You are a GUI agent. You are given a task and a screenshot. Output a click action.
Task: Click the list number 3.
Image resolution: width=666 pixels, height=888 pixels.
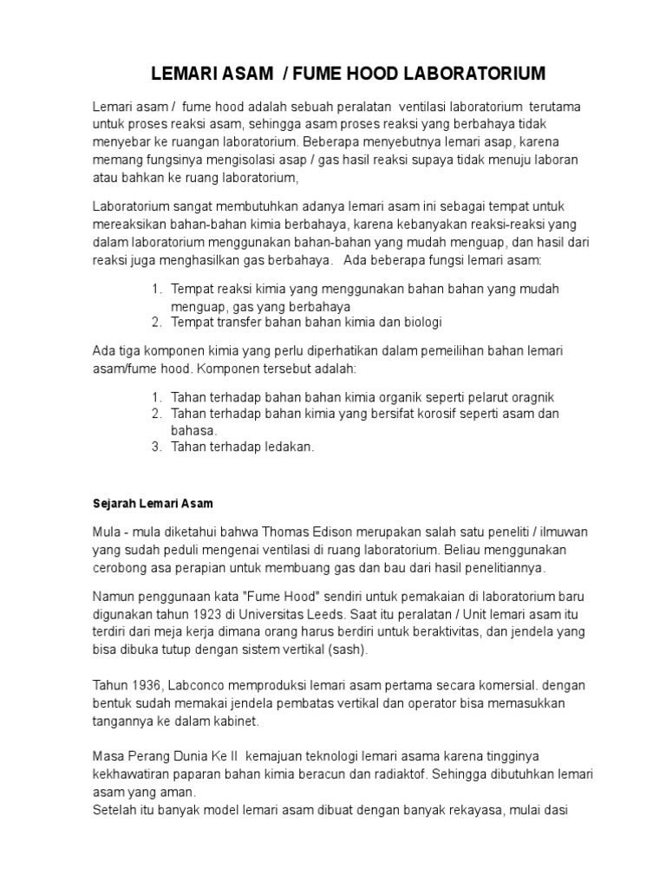pyautogui.click(x=156, y=447)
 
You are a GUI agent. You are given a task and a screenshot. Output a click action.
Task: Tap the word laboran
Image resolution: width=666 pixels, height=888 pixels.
pyautogui.click(x=552, y=160)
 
